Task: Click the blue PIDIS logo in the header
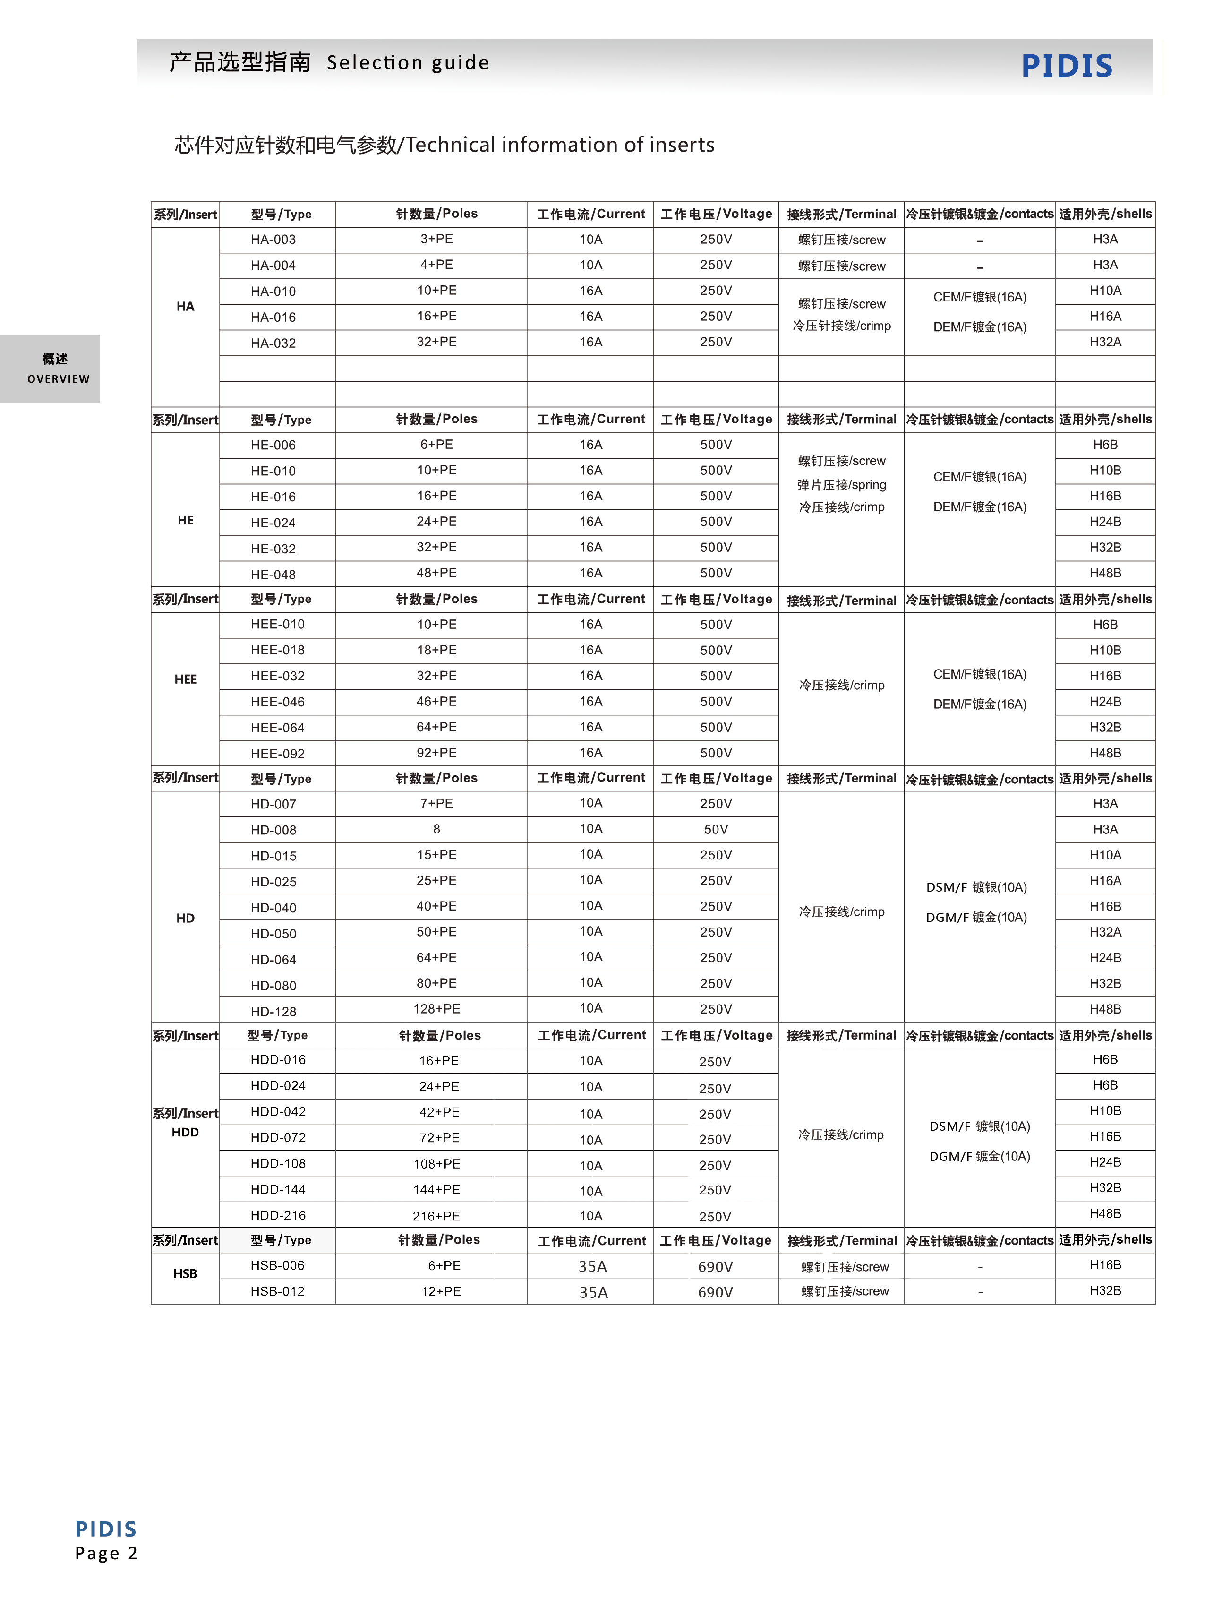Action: (1067, 66)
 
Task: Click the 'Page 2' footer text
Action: (106, 1553)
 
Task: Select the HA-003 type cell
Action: (273, 239)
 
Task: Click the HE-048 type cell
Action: (273, 574)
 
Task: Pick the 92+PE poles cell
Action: (436, 753)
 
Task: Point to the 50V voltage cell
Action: (716, 830)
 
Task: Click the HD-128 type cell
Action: (273, 1011)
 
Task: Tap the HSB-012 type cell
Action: (277, 1291)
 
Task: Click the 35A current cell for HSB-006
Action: (592, 1266)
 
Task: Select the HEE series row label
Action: (185, 679)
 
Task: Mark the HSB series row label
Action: (185, 1274)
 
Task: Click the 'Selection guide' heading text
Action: (408, 63)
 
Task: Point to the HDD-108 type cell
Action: (278, 1164)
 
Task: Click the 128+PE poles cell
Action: (436, 1009)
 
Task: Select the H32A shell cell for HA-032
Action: (1105, 342)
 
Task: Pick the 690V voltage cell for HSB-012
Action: (715, 1292)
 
